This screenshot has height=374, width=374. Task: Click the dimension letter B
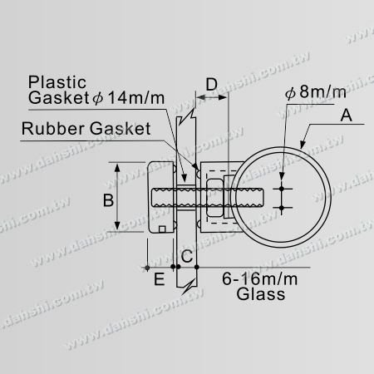pyautogui.click(x=107, y=199)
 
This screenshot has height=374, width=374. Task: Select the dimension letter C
pyautogui.click(x=188, y=256)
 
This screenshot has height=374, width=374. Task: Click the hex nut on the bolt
pyautogui.click(x=212, y=200)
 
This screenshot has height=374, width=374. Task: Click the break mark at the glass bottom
pyautogui.click(x=191, y=283)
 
